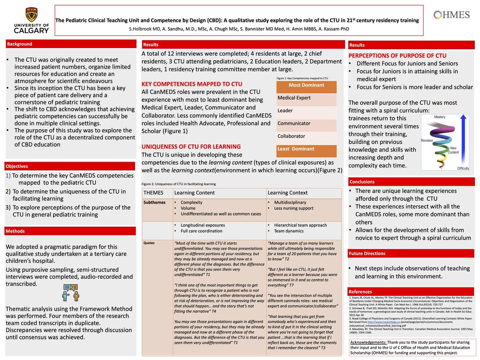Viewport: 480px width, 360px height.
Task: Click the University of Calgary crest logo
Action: (31, 15)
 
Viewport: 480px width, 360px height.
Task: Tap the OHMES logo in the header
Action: (451, 15)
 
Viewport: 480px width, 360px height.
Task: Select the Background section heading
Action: (20, 44)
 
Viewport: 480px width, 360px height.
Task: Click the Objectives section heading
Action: (17, 166)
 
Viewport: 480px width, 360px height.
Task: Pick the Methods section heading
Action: (16, 231)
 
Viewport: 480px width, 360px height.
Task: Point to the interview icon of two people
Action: (70, 292)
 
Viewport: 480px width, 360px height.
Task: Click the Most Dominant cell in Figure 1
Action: (307, 85)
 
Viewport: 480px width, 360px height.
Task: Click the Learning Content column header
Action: (195, 193)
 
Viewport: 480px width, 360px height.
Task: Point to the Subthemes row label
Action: (155, 203)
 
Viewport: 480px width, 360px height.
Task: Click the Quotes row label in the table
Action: (149, 243)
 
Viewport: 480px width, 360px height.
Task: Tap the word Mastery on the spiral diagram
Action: (440, 117)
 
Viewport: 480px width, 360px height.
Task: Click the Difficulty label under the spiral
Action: (463, 168)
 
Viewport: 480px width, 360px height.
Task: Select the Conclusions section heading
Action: (362, 182)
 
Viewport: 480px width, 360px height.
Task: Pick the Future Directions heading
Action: (367, 253)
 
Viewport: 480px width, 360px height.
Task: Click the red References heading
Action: (360, 292)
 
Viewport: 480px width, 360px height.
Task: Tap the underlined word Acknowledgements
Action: (368, 343)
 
